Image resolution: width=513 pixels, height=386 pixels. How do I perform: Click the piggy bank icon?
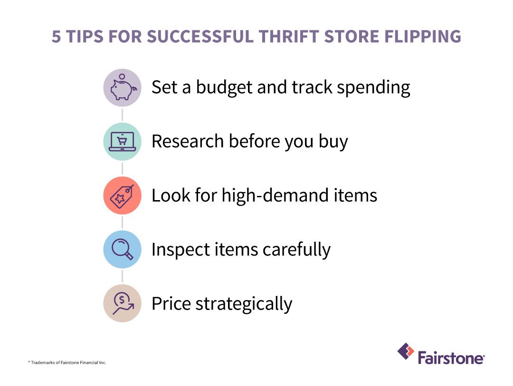click(x=122, y=88)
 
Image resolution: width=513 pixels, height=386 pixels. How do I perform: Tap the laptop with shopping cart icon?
click(x=122, y=141)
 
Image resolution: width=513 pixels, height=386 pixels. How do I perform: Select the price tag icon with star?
click(x=122, y=195)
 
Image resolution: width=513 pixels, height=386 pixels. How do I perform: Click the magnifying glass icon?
click(x=122, y=249)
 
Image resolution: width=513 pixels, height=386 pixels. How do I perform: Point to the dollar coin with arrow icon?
click(x=122, y=303)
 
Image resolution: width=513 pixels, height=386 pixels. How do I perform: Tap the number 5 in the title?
click(x=57, y=37)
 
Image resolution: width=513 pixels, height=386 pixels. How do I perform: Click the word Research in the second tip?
click(x=187, y=141)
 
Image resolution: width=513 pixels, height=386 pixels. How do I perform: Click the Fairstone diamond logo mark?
click(x=405, y=352)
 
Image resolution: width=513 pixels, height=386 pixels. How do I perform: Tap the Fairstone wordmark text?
click(x=451, y=357)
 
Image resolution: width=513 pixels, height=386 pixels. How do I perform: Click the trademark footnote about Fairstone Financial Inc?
click(x=66, y=363)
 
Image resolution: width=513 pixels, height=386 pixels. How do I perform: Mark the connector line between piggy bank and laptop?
click(x=122, y=115)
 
